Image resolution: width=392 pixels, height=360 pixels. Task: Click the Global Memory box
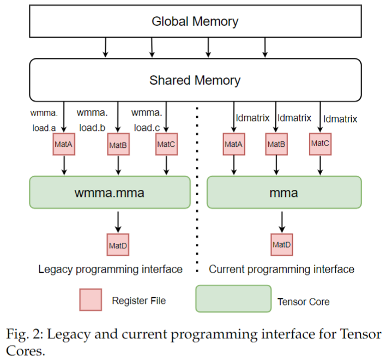tap(195, 22)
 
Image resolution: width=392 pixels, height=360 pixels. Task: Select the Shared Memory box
tap(195, 80)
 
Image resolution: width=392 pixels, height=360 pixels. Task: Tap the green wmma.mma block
tap(110, 192)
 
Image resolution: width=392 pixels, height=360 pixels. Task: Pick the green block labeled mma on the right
tap(284, 192)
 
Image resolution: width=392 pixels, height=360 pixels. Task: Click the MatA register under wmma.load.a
tap(64, 145)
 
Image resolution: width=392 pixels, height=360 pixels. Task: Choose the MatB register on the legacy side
tap(118, 145)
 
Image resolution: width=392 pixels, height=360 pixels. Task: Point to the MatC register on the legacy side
tap(165, 145)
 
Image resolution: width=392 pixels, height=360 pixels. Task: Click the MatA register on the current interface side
tap(234, 145)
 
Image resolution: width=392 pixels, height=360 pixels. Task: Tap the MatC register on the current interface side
tap(320, 143)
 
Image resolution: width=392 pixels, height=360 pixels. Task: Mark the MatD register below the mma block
tap(281, 244)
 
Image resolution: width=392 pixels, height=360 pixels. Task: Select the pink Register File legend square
tap(89, 300)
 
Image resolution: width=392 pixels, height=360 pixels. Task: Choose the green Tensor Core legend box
tap(233, 300)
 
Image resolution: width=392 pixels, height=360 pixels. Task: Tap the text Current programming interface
tap(282, 269)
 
